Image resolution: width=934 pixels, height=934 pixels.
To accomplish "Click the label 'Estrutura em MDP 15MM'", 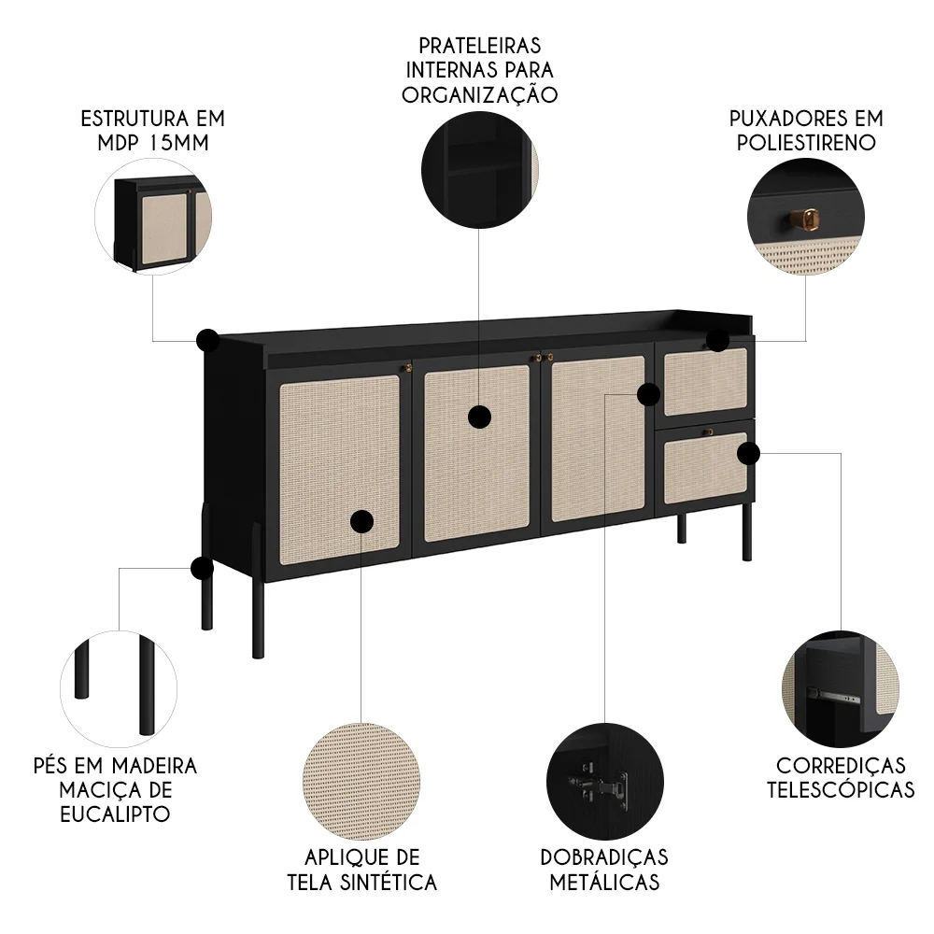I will (153, 131).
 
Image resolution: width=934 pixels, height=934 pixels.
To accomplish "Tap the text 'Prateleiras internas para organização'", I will (479, 70).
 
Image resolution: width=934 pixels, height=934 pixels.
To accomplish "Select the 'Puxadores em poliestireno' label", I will (806, 131).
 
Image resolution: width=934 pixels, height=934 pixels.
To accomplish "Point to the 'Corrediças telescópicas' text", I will (840, 777).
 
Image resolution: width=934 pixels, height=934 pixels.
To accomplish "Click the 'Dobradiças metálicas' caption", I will (603, 870).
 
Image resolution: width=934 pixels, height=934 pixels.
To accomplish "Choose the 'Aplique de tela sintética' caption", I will (361, 870).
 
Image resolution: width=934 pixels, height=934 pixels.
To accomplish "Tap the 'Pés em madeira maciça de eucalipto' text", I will (115, 789).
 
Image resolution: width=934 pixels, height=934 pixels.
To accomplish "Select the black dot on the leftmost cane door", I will (361, 521).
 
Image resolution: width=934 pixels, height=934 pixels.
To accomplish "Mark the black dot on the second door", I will (479, 417).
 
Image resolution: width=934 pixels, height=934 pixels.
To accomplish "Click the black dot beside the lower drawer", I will (748, 454).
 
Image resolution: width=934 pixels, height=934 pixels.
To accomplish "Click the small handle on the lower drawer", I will (709, 432).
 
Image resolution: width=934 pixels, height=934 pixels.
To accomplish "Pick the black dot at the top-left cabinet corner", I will (207, 339).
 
